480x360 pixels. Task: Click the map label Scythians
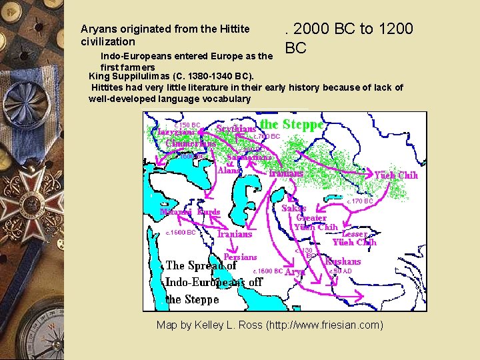[236, 128]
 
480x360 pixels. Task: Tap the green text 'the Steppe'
[291, 124]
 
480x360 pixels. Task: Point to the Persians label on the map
[240, 257]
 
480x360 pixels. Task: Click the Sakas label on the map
[293, 208]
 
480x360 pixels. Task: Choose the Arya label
[295, 272]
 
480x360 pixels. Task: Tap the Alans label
[229, 170]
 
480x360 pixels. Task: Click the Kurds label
[209, 212]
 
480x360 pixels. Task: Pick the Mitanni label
[177, 212]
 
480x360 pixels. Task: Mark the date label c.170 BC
[359, 201]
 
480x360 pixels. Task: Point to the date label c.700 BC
[267, 137]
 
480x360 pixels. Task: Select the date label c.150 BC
[187, 125]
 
